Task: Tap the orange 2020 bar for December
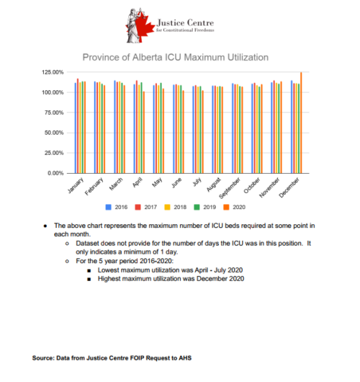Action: tap(301, 123)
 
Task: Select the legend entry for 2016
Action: tap(117, 207)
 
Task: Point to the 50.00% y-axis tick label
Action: tap(60, 133)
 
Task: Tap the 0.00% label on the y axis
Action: tap(63, 174)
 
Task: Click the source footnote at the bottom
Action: tap(111, 357)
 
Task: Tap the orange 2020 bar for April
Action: tap(144, 133)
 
